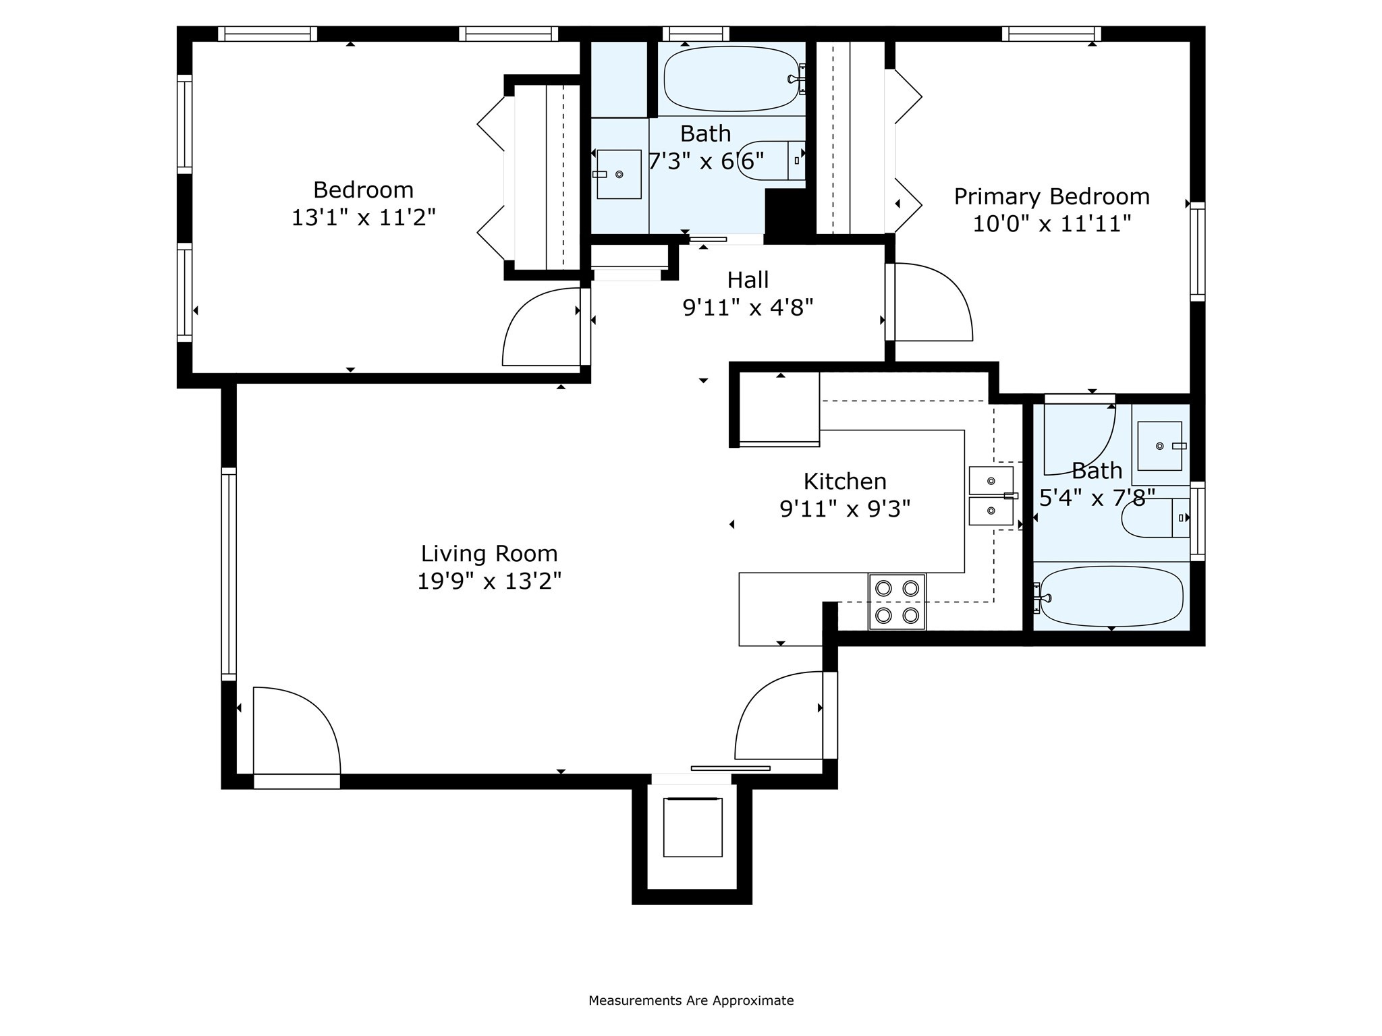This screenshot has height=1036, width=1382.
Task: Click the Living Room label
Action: [489, 554]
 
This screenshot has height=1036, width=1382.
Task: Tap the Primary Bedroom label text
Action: [1051, 196]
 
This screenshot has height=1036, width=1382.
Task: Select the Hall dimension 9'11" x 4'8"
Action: [748, 308]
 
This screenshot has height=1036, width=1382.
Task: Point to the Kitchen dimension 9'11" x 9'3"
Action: [845, 509]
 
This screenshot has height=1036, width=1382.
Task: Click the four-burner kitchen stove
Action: [897, 602]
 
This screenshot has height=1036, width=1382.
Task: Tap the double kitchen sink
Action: [991, 496]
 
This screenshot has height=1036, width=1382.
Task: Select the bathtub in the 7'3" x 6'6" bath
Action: [731, 79]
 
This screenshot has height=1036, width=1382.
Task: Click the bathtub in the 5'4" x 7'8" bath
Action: [1111, 596]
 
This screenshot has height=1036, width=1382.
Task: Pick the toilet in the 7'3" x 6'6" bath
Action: [771, 161]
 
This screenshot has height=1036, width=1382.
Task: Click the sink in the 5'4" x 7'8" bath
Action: [1160, 446]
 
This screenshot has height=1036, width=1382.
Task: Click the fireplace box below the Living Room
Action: [692, 827]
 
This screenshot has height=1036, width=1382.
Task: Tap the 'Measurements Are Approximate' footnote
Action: [691, 1000]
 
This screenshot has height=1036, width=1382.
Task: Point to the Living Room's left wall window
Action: [229, 573]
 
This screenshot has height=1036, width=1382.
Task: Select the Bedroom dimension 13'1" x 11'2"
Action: [364, 217]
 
